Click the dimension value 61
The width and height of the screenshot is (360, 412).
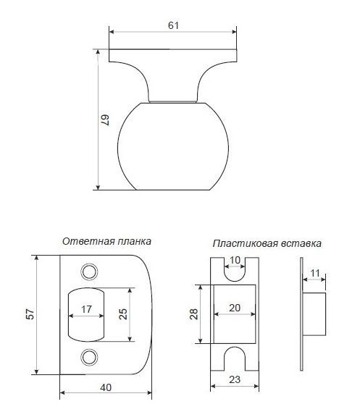pos(173,25)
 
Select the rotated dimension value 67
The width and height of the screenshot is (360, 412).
pos(105,120)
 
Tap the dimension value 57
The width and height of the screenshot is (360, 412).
pos(30,314)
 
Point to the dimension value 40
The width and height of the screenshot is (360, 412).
pos(106,387)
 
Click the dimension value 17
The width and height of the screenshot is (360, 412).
pos(86,309)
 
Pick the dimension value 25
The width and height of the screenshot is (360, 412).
pos(122,314)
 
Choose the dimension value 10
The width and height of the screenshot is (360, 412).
pos(235,260)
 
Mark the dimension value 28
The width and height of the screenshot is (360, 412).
pos(193,314)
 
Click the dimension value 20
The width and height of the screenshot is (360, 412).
pos(235,308)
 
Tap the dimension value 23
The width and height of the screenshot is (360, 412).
pos(235,379)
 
